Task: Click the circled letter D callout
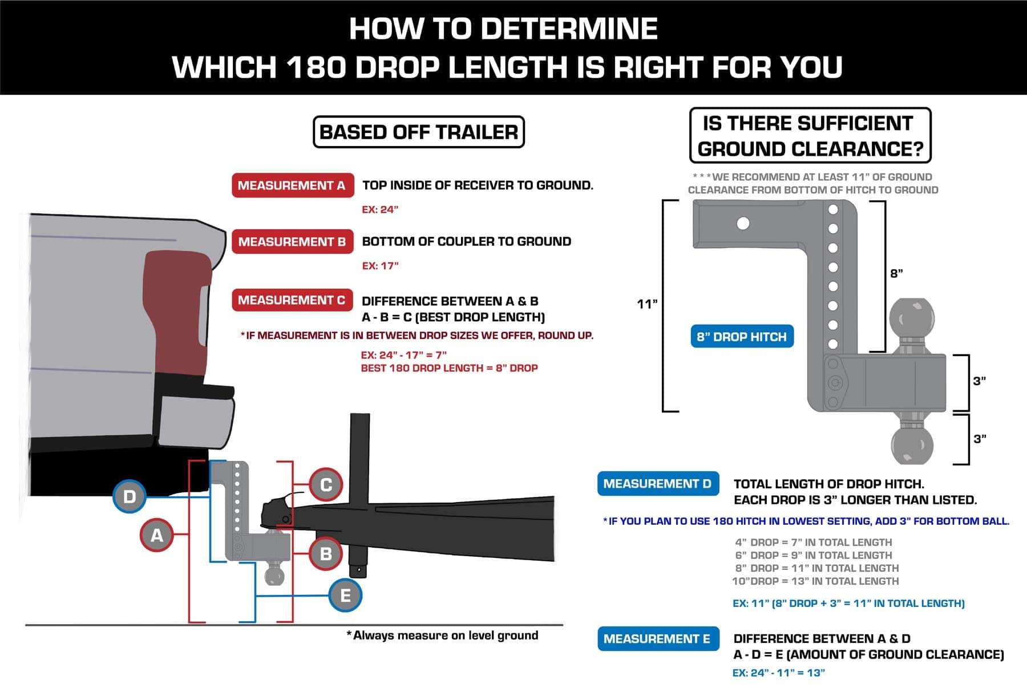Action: (x=130, y=496)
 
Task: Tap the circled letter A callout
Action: (x=157, y=535)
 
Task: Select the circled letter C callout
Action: (x=326, y=485)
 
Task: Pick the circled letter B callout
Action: (x=326, y=553)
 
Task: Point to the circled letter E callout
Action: (x=345, y=596)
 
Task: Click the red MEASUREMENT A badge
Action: (x=292, y=185)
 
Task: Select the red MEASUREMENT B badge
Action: (x=292, y=242)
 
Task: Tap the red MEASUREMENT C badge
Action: (x=292, y=300)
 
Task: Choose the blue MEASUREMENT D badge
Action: (x=658, y=484)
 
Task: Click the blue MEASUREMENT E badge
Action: (x=658, y=639)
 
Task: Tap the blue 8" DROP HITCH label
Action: (x=742, y=337)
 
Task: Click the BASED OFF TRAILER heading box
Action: (x=419, y=132)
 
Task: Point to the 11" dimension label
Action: (x=648, y=304)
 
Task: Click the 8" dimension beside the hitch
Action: (x=897, y=273)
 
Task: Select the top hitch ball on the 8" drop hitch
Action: (x=912, y=319)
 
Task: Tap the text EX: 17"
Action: (x=380, y=266)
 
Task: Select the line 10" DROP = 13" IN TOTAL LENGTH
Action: (x=815, y=581)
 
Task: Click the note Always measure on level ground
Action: (x=442, y=636)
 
